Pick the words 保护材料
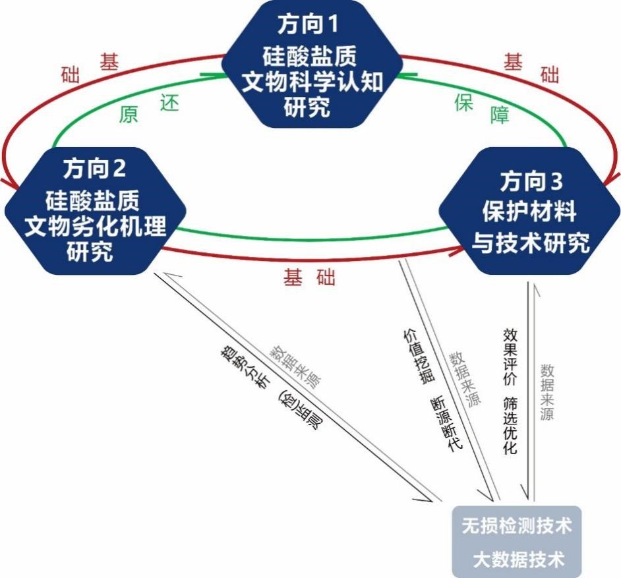click(529, 212)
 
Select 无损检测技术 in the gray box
click(516, 526)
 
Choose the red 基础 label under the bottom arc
click(309, 277)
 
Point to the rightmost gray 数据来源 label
click(547, 391)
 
